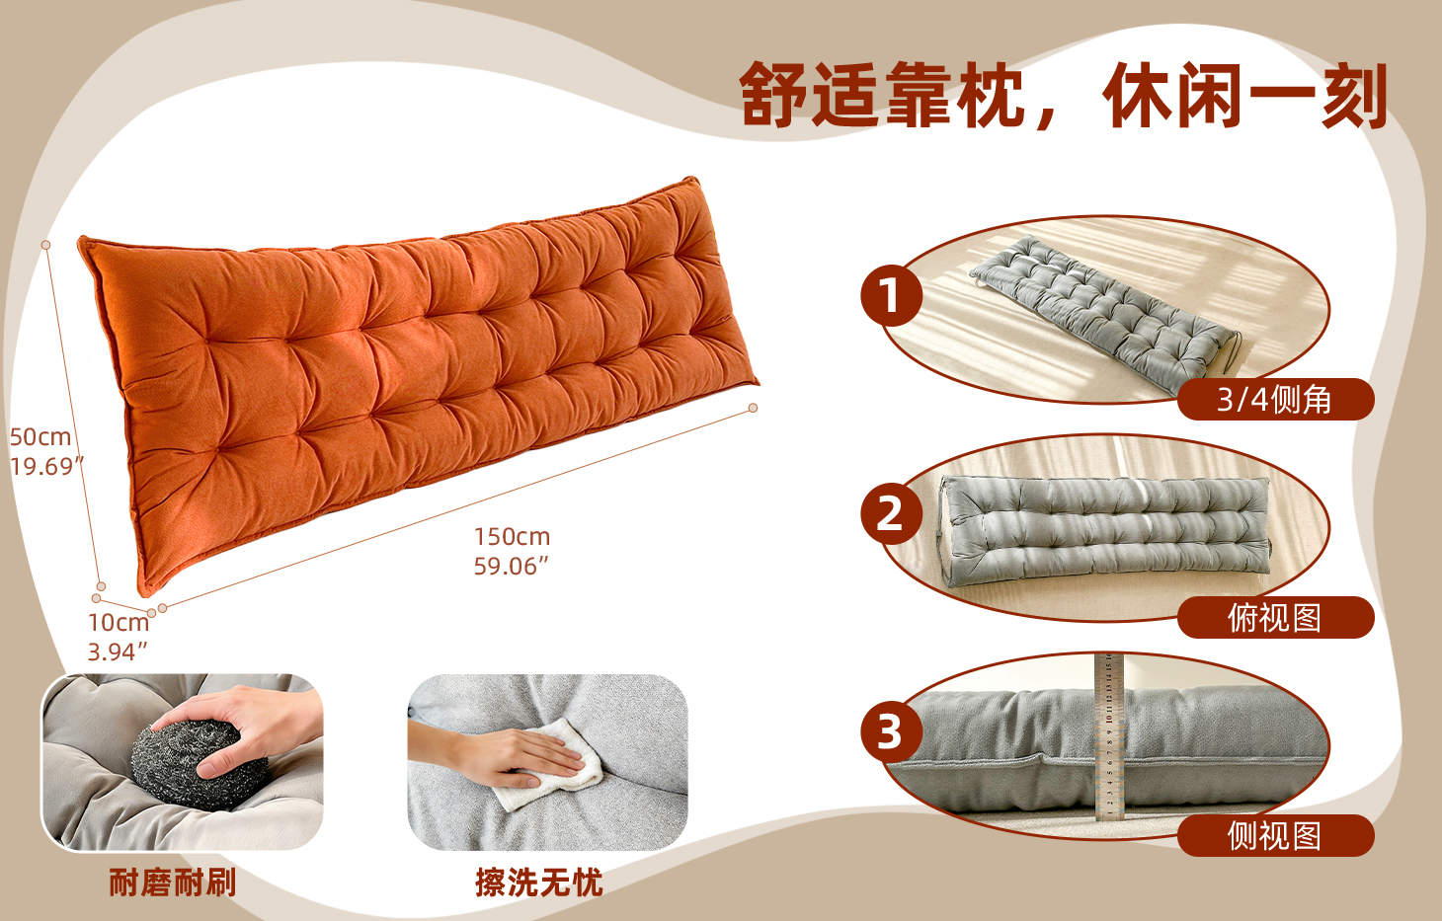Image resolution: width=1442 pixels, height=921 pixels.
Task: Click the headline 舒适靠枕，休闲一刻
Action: tap(1063, 95)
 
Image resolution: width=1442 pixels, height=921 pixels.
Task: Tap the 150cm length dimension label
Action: tap(512, 537)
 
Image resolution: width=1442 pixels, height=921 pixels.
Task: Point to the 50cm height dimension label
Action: tap(40, 437)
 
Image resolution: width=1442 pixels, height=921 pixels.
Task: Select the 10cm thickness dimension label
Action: tap(119, 622)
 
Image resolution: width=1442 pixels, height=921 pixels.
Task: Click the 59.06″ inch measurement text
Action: tap(512, 567)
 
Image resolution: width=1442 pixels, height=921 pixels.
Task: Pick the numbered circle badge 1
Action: tap(892, 295)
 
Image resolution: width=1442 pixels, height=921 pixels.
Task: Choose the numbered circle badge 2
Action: tap(892, 513)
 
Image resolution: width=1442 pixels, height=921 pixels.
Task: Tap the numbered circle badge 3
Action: tap(892, 731)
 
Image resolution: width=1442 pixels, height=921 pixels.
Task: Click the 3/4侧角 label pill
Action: tap(1276, 400)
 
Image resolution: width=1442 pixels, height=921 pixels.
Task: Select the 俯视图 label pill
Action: tap(1276, 618)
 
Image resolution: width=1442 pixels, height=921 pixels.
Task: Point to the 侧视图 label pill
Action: tap(1276, 835)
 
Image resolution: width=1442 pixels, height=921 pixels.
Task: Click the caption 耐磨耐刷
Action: tap(173, 883)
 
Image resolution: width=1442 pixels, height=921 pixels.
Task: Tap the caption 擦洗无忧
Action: tap(539, 883)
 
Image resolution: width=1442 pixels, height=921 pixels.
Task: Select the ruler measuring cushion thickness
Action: tap(1109, 736)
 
